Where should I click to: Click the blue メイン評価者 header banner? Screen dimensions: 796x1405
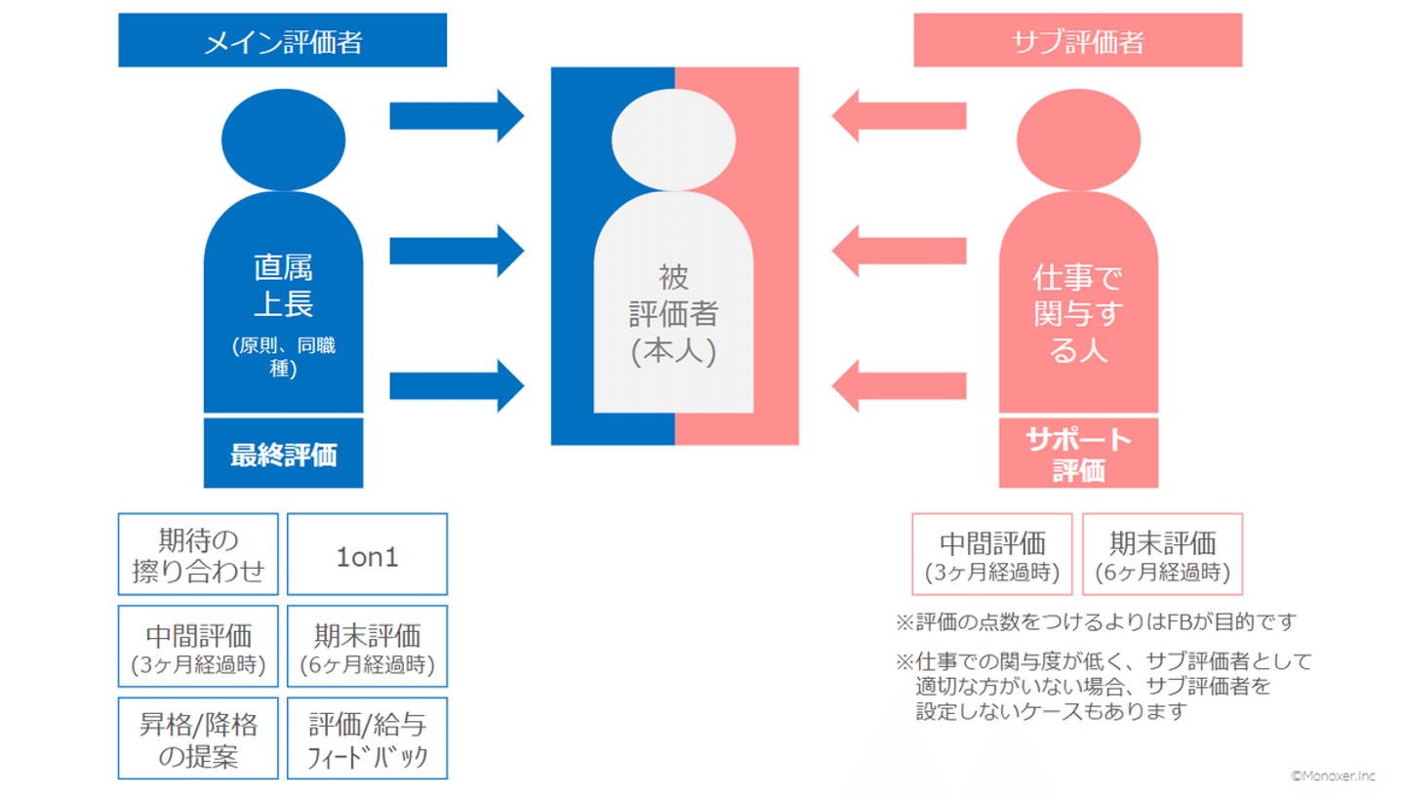pyautogui.click(x=282, y=42)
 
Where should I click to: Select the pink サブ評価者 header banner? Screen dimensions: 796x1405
pyautogui.click(x=1077, y=42)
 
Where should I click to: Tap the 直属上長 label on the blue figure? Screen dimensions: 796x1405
pyautogui.click(x=283, y=286)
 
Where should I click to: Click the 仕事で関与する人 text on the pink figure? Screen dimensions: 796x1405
pyautogui.click(x=1078, y=315)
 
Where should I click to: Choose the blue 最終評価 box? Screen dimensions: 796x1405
pyautogui.click(x=283, y=455)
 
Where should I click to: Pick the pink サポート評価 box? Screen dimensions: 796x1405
pyautogui.click(x=1078, y=455)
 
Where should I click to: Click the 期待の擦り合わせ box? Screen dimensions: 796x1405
pyautogui.click(x=198, y=554)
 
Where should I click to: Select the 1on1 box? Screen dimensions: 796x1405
pyautogui.click(x=367, y=554)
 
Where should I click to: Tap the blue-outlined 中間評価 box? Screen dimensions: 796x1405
pyautogui.click(x=198, y=647)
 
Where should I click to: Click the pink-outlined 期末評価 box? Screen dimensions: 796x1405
pyautogui.click(x=1162, y=554)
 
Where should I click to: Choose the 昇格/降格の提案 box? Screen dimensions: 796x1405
pyautogui.click(x=198, y=738)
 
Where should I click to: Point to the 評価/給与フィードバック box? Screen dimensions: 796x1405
pyautogui.click(x=367, y=738)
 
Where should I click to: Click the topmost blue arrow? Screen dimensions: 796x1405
pyautogui.click(x=457, y=115)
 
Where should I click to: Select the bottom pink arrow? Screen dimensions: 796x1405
pyautogui.click(x=899, y=384)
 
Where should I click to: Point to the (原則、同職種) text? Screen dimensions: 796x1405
pyautogui.click(x=283, y=358)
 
